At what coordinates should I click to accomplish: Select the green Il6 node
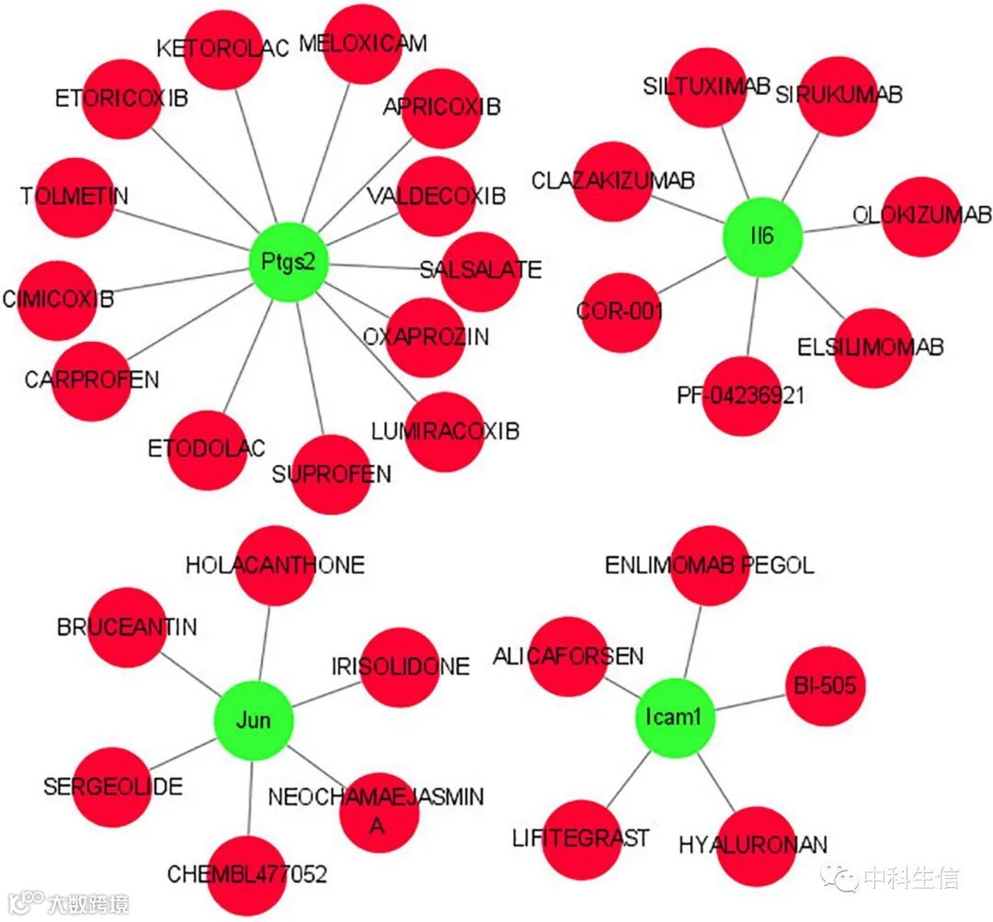tap(763, 236)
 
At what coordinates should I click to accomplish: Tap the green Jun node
tap(253, 719)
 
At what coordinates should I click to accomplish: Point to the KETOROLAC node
tap(223, 50)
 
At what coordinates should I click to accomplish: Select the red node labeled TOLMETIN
tap(74, 197)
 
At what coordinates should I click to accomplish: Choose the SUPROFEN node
tap(331, 474)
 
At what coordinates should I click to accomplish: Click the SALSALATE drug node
tap(480, 271)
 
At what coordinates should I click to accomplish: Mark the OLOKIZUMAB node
tap(921, 217)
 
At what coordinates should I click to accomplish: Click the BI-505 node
tap(825, 686)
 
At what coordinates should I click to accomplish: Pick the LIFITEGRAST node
tap(581, 838)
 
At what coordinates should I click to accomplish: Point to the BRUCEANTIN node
tap(127, 628)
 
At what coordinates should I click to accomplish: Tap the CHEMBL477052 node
tap(246, 873)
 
